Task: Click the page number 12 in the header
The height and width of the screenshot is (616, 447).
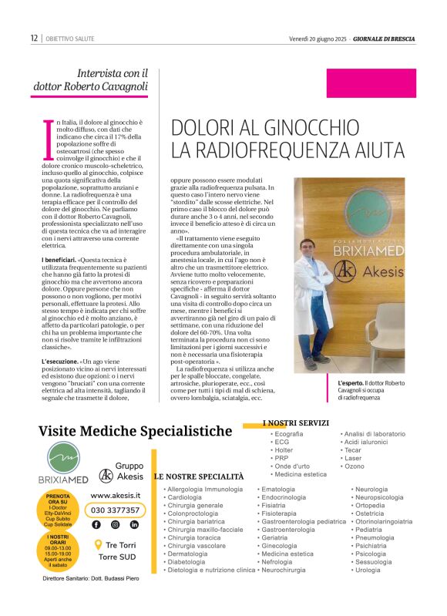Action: click(x=34, y=38)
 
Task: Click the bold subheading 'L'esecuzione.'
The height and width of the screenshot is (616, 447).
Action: click(x=59, y=361)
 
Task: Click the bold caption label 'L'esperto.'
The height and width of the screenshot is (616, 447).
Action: click(x=353, y=382)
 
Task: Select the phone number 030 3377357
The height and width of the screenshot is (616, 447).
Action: click(x=116, y=510)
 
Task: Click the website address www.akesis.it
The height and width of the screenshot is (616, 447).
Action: click(x=115, y=496)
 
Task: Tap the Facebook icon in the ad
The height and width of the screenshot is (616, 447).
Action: click(x=96, y=524)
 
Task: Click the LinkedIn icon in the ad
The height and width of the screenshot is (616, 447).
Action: click(x=134, y=524)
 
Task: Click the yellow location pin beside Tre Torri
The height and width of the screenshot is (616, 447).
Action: click(x=98, y=544)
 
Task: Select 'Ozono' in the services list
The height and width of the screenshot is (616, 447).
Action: click(x=354, y=466)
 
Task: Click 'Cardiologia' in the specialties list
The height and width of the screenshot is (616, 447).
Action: click(x=185, y=497)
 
